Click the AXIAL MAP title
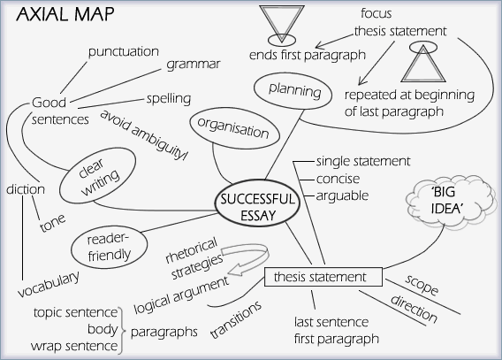[x=65, y=14]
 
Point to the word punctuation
[x=124, y=51]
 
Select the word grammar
[x=193, y=65]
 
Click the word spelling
[x=169, y=99]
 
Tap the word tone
[x=52, y=222]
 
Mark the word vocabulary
[x=49, y=284]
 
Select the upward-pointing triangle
[x=423, y=63]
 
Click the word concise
[x=338, y=179]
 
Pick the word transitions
[x=236, y=319]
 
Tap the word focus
[x=376, y=13]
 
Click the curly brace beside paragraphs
[x=122, y=331]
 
